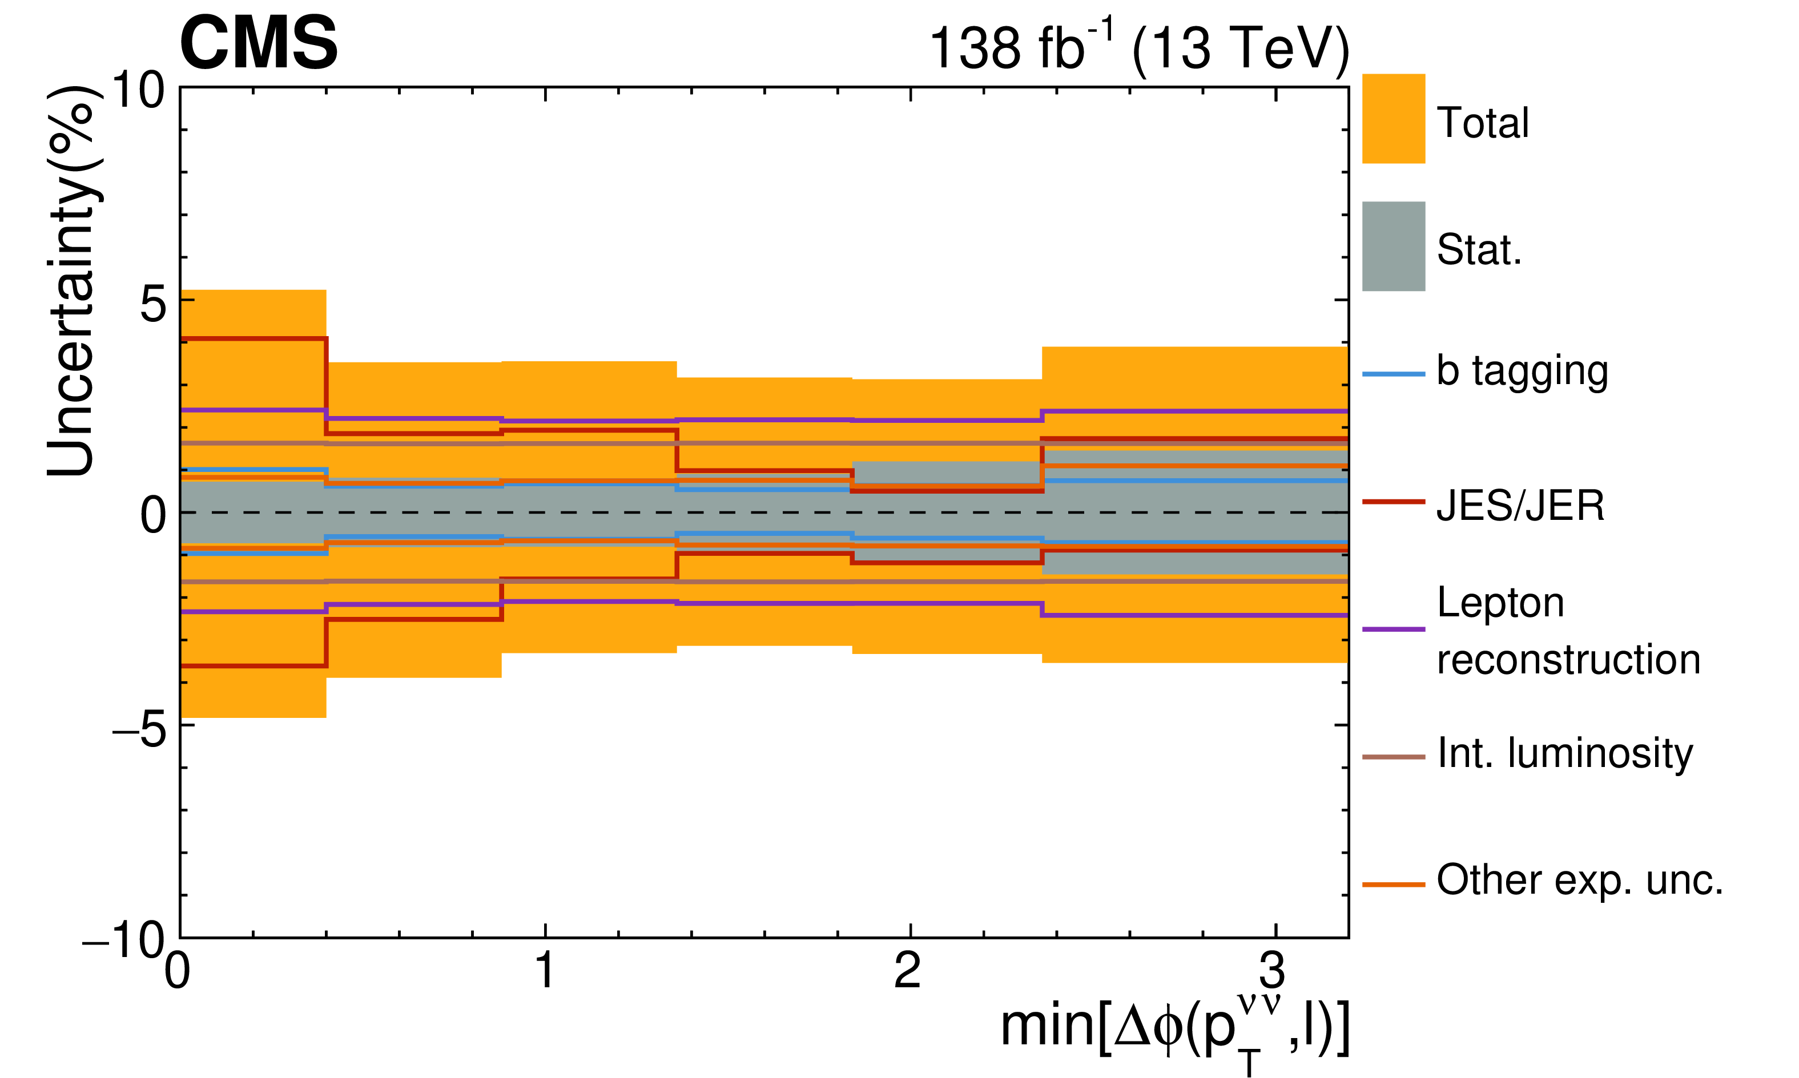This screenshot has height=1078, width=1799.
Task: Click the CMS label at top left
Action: click(259, 43)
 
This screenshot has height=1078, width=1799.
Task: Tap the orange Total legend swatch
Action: click(1393, 118)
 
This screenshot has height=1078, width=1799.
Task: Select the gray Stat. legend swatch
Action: click(1393, 247)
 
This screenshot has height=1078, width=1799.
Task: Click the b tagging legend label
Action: click(1522, 372)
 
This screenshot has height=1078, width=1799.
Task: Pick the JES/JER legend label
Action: click(1520, 506)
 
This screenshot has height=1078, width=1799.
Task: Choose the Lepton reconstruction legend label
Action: click(1568, 631)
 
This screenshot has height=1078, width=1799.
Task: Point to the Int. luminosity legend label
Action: click(1564, 753)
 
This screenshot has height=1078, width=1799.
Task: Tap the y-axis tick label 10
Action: click(138, 92)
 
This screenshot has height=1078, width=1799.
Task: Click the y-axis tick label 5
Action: click(152, 304)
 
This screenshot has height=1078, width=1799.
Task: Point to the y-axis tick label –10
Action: click(123, 940)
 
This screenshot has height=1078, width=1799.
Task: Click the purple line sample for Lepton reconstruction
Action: click(1393, 628)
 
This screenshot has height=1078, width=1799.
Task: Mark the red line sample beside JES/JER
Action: click(1393, 501)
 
